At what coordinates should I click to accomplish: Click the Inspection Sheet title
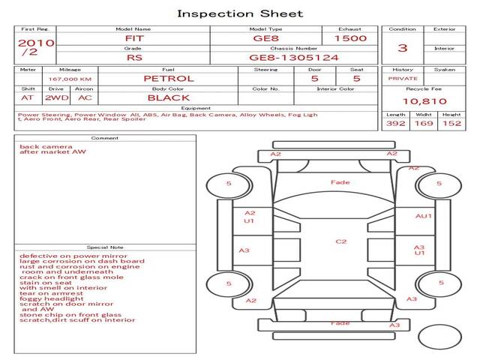coord(240,13)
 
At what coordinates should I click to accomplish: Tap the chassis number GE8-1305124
coord(293,57)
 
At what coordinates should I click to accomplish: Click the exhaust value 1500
coord(350,37)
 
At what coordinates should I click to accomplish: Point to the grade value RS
coord(133,57)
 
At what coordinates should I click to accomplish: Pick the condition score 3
coord(402,48)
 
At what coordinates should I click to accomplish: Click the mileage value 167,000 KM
coord(70,78)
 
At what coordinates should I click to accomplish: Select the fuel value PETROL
coord(168,78)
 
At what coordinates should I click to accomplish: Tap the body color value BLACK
coord(168,97)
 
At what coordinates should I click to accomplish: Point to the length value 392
coord(395,123)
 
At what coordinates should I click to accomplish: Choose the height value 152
coord(451,123)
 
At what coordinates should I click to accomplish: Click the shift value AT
coord(28,97)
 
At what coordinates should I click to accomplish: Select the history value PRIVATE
coord(402,78)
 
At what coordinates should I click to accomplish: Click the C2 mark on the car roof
coord(340,241)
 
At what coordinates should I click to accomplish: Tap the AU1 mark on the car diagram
coord(424,216)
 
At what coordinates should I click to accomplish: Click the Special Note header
coord(104,247)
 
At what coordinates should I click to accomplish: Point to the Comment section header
coord(104,138)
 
